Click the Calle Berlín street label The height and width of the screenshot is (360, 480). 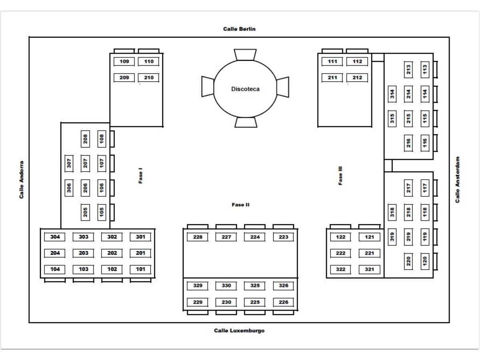click(239, 29)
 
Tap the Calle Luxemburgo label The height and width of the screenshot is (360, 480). click(239, 331)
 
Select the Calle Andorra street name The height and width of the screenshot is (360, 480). click(22, 180)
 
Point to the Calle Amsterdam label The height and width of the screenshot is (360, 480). click(458, 180)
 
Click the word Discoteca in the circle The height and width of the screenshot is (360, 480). click(245, 89)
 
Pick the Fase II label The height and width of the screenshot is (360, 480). click(240, 205)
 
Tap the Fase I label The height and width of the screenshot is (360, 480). click(140, 176)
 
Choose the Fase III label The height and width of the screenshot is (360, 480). click(340, 176)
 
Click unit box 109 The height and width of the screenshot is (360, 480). click(124, 62)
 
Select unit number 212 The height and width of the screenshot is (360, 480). click(357, 78)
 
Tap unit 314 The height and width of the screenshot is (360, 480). click(392, 94)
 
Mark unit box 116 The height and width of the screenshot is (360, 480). click(425, 143)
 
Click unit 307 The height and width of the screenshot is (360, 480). click(69, 163)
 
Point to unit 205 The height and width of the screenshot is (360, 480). click(86, 212)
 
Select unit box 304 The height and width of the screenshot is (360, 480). click(55, 237)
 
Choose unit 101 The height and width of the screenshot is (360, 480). click(140, 269)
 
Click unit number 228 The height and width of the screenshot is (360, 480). click(198, 237)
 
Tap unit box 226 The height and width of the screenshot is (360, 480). click(284, 302)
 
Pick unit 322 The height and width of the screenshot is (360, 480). click(340, 269)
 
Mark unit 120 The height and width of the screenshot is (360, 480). click(425, 261)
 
